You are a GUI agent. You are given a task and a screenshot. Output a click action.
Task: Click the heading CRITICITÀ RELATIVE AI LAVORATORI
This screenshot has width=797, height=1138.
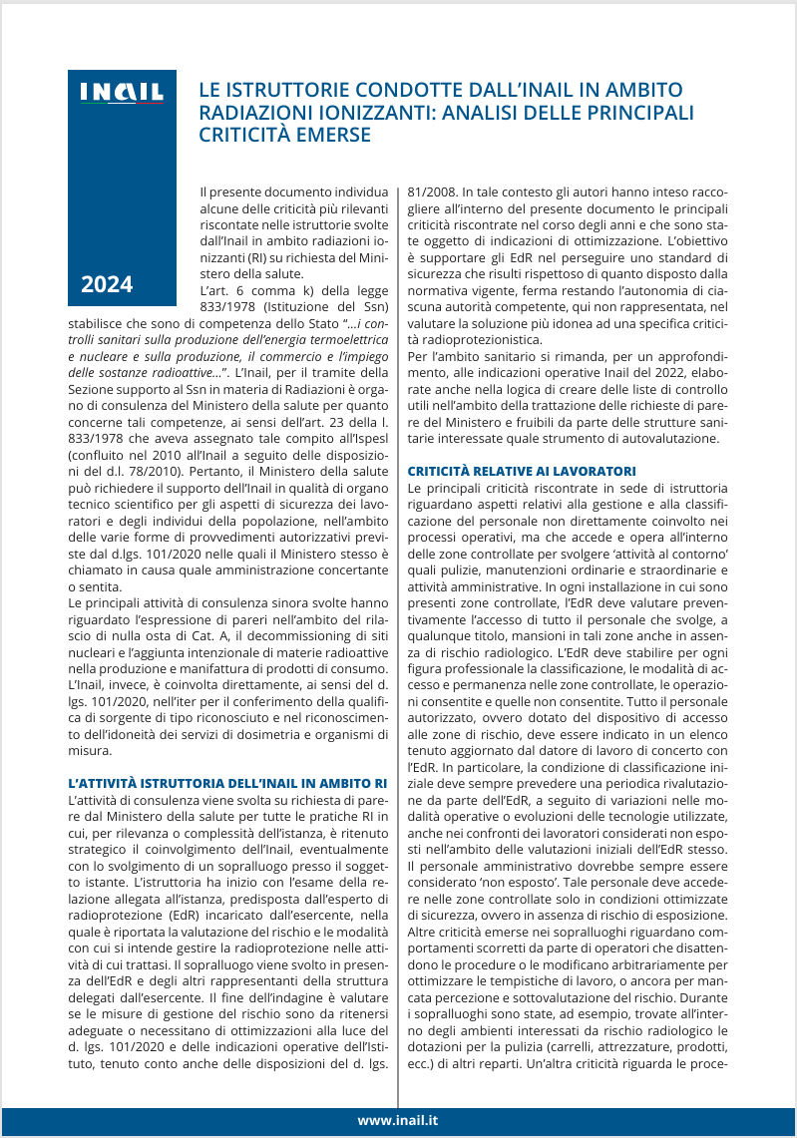coord(522,470)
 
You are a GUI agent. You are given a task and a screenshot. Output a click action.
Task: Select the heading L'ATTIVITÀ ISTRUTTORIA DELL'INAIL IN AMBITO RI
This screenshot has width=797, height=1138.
coord(227,782)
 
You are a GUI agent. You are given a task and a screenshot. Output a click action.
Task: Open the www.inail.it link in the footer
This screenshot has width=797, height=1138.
coord(399,1120)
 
